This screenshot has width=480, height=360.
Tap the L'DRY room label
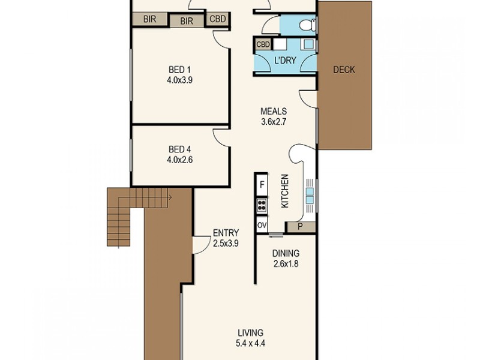(284, 61)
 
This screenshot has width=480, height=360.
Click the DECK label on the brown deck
(344, 70)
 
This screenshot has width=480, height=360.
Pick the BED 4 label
(179, 149)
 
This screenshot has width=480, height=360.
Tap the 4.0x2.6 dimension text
(179, 160)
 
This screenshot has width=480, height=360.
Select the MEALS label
(273, 111)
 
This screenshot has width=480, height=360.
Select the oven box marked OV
(262, 225)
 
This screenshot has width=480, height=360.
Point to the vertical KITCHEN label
(285, 191)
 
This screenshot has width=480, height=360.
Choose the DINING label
(286, 254)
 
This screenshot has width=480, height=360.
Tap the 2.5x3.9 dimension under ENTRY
(226, 244)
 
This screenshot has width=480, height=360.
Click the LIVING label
(250, 333)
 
